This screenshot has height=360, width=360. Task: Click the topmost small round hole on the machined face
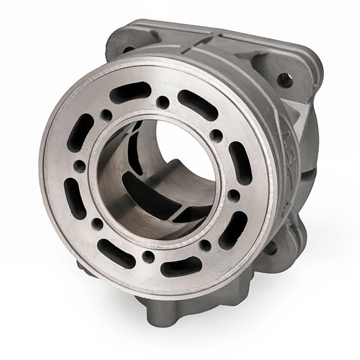[162, 102]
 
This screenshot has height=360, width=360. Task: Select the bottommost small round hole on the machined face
[148, 256]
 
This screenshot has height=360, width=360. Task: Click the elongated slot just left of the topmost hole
[130, 92]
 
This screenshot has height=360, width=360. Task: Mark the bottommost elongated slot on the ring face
[181, 266]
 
